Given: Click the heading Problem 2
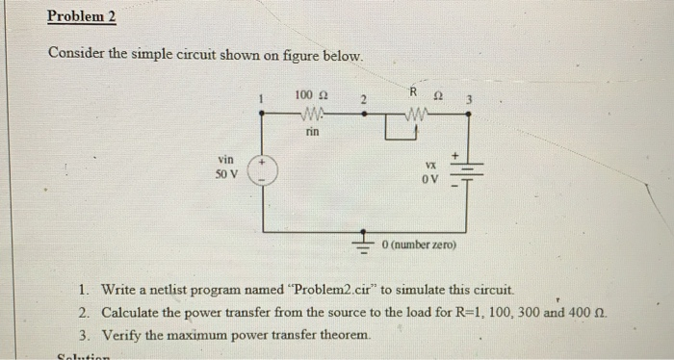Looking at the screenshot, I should (x=82, y=16).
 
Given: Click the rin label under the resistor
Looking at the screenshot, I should (x=311, y=133).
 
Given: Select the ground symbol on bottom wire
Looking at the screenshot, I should (x=365, y=241).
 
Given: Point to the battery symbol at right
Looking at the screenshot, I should (x=468, y=174).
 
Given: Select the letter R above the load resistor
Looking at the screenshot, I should (x=412, y=92).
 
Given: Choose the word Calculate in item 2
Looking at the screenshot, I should (x=135, y=312).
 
